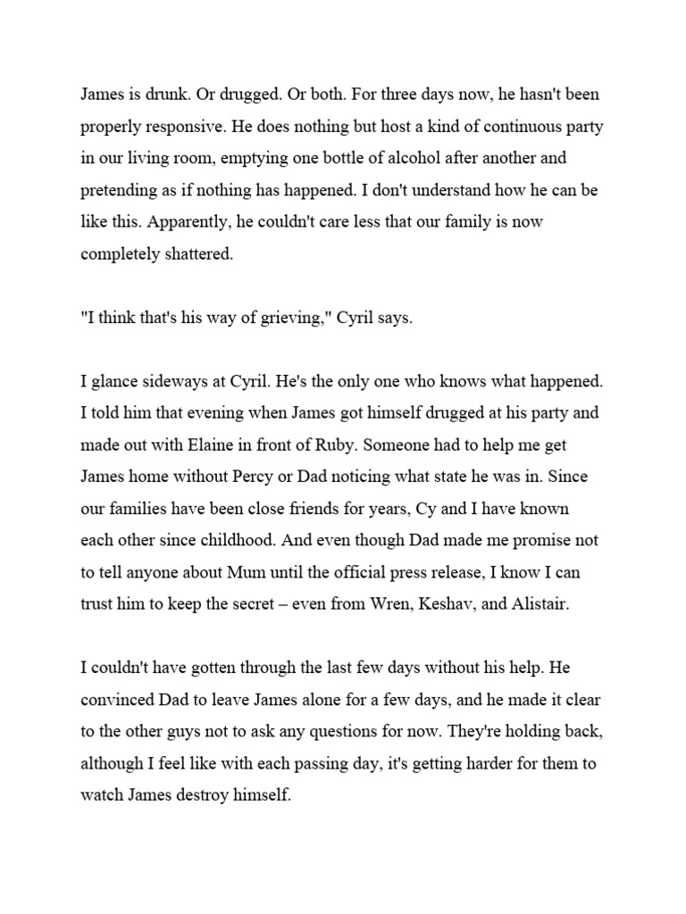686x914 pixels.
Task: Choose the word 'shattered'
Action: pos(193,254)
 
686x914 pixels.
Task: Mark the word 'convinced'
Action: pos(119,700)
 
